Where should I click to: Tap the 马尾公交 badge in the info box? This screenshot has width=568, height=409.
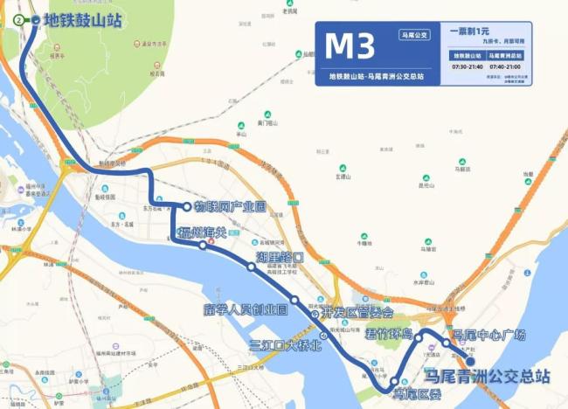click(x=414, y=35)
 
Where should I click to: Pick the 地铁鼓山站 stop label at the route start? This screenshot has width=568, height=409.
click(x=83, y=19)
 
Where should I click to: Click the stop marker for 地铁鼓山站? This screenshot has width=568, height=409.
click(x=35, y=19)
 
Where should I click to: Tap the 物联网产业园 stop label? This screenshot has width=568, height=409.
click(x=230, y=207)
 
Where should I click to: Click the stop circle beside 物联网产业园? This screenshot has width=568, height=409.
click(x=188, y=207)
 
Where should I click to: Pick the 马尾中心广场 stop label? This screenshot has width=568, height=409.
click(x=488, y=335)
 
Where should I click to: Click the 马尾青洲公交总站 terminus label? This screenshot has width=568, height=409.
click(x=487, y=377)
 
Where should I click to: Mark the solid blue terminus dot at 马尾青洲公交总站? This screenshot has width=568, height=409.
click(x=469, y=361)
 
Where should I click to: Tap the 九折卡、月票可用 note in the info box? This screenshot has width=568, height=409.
click(x=497, y=41)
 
